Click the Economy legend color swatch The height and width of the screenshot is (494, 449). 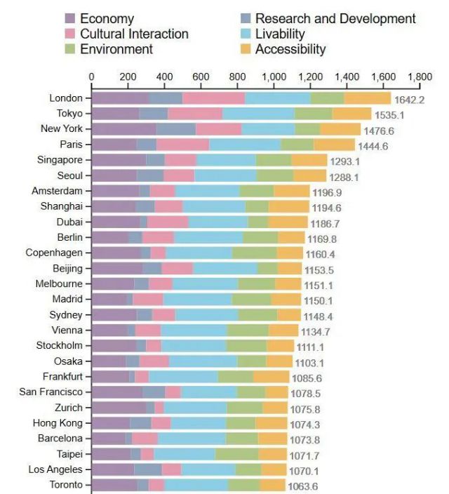tap(71, 19)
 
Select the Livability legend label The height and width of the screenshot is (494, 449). tap(280, 34)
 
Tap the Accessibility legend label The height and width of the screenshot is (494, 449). tap(290, 49)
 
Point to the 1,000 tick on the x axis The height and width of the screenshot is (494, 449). tap(274, 77)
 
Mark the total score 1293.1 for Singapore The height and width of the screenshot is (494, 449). tap(346, 161)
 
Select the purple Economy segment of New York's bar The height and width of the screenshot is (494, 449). tap(123, 129)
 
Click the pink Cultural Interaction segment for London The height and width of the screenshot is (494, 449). tap(213, 98)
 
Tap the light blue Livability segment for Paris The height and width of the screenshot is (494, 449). tap(244, 145)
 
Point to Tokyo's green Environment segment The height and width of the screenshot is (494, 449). tap(313, 114)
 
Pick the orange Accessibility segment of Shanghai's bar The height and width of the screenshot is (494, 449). tap(288, 206)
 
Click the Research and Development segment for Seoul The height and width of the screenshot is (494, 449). tap(150, 175)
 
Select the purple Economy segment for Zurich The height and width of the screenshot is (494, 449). tap(119, 408)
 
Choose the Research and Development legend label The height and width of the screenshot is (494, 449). tap(335, 19)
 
